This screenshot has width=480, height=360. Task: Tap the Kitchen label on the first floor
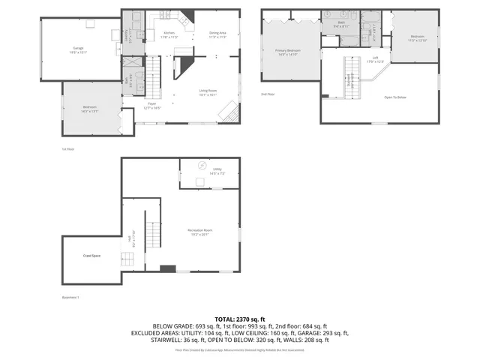[169, 34]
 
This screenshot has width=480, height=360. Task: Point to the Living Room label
[208, 93]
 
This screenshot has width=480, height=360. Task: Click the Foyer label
[152, 106]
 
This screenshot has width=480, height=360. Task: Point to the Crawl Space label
[91, 256]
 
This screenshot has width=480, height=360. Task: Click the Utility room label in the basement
[217, 171]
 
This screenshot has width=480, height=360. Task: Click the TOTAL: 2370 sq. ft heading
[239, 319]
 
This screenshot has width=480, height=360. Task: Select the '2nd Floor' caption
[267, 94]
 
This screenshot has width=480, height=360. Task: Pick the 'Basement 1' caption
[70, 298]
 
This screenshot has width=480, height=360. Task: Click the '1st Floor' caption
[68, 149]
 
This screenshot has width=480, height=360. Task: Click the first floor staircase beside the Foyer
[153, 75]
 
